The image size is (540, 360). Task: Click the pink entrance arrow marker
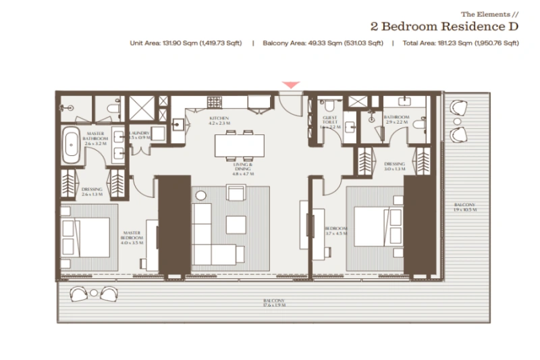(291, 85)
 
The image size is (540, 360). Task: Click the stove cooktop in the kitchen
(215, 103)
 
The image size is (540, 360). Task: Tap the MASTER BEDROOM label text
(132, 238)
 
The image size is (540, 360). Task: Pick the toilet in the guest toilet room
(329, 106)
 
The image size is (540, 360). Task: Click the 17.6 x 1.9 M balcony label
(274, 303)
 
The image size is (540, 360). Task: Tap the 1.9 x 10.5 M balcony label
(464, 207)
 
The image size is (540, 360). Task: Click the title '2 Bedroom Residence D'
(444, 26)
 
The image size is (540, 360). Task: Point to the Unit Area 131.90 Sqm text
(186, 43)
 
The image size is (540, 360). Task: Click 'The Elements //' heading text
(489, 14)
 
